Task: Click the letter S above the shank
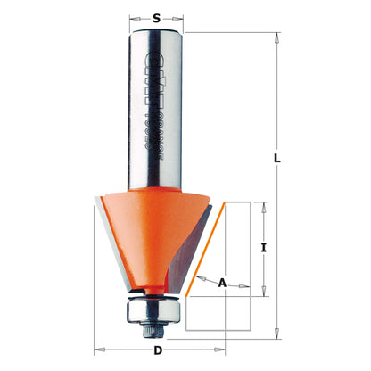157,15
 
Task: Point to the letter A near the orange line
222,283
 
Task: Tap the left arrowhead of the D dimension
99,350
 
